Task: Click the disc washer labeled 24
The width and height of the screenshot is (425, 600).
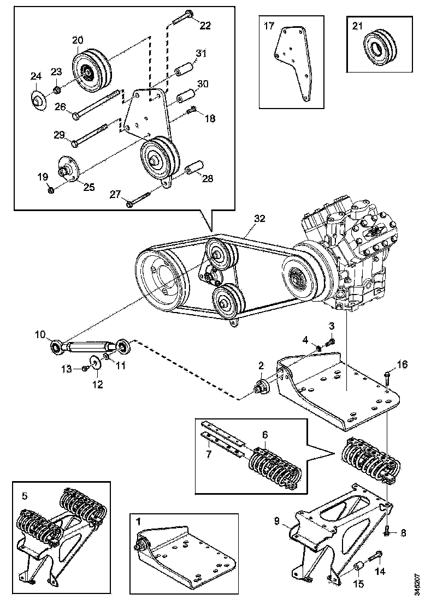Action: click(38, 100)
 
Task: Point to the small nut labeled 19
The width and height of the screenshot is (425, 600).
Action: click(50, 189)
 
